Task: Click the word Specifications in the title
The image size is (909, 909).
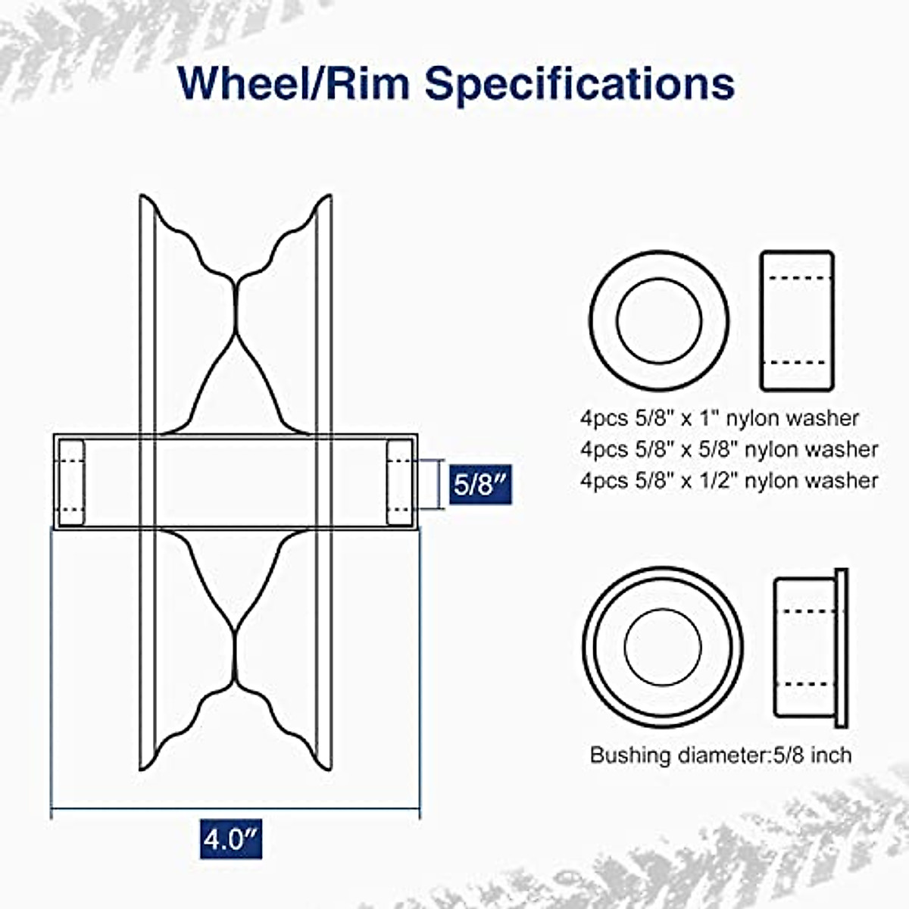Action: coord(579,83)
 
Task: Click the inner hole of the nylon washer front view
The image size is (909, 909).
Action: coord(659,320)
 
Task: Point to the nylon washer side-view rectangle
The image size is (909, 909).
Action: coord(796,320)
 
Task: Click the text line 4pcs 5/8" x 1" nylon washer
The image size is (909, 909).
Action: coord(720,418)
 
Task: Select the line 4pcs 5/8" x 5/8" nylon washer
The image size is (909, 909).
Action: coord(729,449)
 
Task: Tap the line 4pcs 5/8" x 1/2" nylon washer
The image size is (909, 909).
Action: coord(729,480)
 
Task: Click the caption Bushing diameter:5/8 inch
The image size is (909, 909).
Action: coord(720,755)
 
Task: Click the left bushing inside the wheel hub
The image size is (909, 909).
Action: coord(71,483)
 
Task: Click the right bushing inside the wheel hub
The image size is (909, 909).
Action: coord(399,483)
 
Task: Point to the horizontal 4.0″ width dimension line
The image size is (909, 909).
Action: coord(235,808)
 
